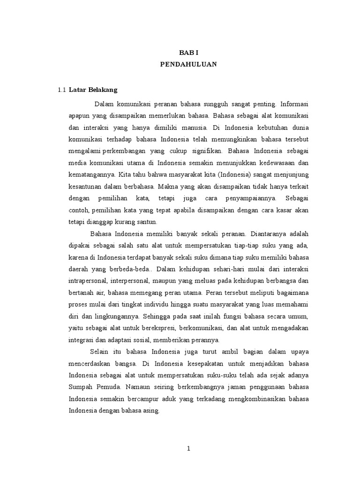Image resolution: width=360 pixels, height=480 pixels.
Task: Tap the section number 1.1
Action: click(61, 90)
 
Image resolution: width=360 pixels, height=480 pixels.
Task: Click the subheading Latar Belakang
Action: click(93, 90)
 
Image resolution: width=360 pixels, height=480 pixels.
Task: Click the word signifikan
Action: click(208, 151)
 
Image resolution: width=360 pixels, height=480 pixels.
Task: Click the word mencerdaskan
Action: click(90, 364)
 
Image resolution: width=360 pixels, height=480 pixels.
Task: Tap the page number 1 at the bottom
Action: click(188, 449)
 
